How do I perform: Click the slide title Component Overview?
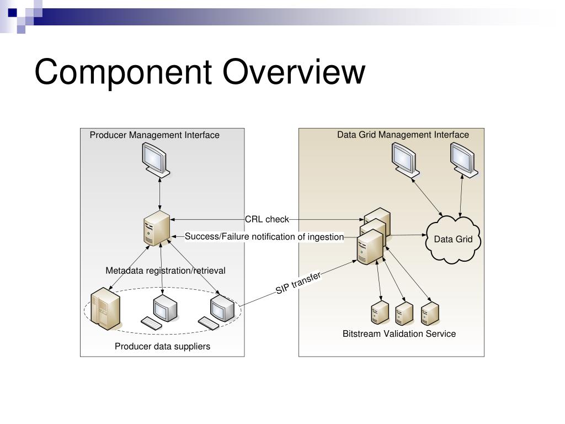pos(200,72)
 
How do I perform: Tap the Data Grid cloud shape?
pos(454,240)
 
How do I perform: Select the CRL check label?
pos(267,219)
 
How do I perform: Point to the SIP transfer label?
pos(299,283)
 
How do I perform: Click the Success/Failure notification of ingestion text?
pos(264,237)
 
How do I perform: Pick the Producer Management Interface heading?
pos(154,135)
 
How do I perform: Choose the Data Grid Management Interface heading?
pos(403,135)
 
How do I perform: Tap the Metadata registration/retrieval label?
pos(166,271)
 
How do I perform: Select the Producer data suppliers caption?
pos(162,347)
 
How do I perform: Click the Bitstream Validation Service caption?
pos(399,333)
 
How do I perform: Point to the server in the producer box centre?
pos(157,228)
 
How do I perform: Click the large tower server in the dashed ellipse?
pos(105,309)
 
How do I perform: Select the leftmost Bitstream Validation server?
pos(379,313)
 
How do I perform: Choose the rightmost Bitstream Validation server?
pos(430,313)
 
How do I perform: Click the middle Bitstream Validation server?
pos(404,313)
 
